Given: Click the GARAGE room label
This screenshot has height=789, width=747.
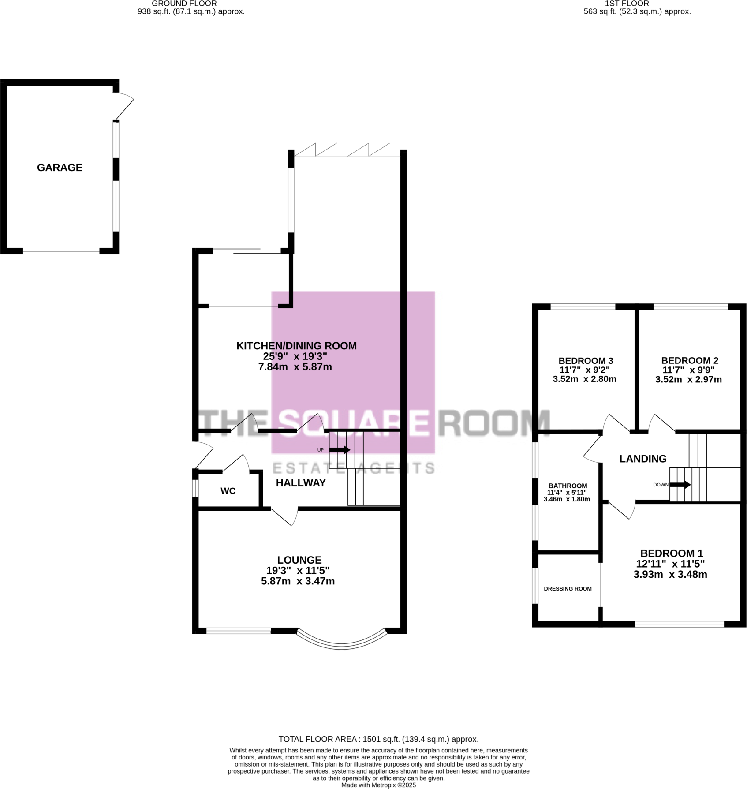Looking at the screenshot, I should pyautogui.click(x=60, y=168).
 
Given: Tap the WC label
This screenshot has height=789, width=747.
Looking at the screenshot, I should pyautogui.click(x=228, y=491).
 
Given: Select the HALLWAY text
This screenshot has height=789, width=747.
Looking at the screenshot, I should pyautogui.click(x=301, y=483).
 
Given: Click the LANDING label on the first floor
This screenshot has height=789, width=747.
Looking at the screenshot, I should pyautogui.click(x=642, y=459).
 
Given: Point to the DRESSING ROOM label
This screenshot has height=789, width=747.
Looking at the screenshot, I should pyautogui.click(x=568, y=589).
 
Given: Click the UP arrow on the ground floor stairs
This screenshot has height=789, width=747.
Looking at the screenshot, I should pyautogui.click(x=339, y=450).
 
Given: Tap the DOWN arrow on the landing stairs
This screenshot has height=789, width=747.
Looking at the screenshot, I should pyautogui.click(x=680, y=485).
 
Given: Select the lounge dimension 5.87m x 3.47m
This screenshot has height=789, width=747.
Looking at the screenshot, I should pyautogui.click(x=298, y=581).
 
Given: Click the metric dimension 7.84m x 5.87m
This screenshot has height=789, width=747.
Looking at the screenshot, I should pyautogui.click(x=295, y=367).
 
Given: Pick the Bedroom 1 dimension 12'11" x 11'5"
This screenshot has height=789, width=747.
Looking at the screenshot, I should pyautogui.click(x=670, y=564).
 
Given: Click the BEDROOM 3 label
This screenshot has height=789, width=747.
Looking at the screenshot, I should pyautogui.click(x=586, y=361).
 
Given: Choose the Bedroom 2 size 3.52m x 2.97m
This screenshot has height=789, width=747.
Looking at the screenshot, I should pyautogui.click(x=688, y=379).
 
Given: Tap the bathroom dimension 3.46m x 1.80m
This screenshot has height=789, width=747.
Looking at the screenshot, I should pyautogui.click(x=567, y=499).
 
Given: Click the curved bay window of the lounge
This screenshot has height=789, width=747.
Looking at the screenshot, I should pyautogui.click(x=342, y=645).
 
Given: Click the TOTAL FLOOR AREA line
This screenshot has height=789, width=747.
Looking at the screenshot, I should pyautogui.click(x=378, y=739).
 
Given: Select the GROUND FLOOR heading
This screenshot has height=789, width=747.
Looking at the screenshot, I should pyautogui.click(x=184, y=4).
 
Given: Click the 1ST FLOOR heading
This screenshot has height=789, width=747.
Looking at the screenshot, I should pyautogui.click(x=627, y=4).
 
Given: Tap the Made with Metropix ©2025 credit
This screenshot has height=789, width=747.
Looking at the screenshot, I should pyautogui.click(x=378, y=785).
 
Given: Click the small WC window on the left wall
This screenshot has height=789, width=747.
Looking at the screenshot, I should pyautogui.click(x=195, y=488).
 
